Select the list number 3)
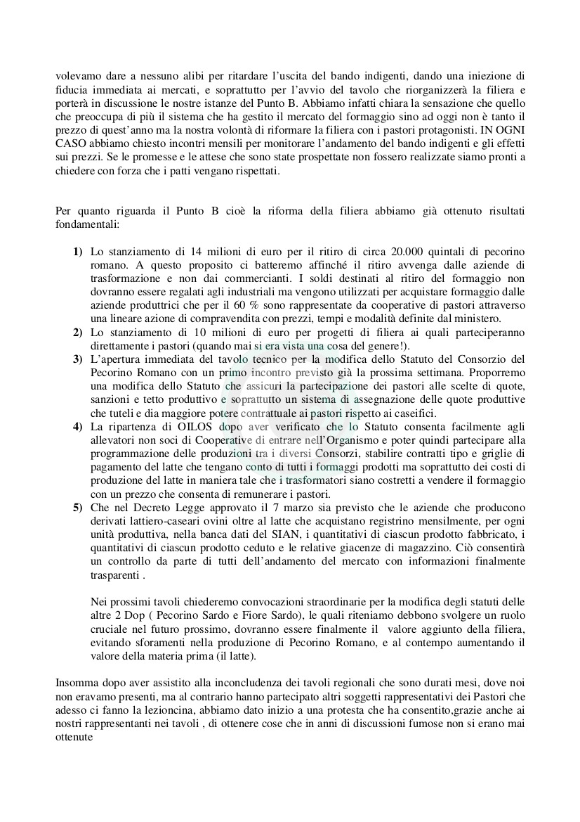[x=78, y=359]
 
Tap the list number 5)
[x=78, y=508]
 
